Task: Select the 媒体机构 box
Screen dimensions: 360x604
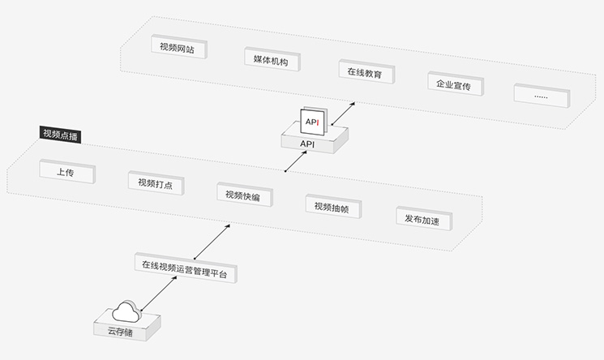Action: (271, 60)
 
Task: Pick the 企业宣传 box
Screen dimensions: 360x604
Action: (453, 84)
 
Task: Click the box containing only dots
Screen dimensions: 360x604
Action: (541, 96)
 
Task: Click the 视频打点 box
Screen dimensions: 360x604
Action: (155, 183)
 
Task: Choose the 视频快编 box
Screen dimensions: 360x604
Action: (243, 195)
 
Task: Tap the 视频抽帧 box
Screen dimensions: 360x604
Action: (332, 207)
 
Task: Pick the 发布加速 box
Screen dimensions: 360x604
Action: (422, 219)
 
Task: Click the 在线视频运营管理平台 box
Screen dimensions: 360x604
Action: (184, 265)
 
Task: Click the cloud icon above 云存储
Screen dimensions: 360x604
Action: (126, 311)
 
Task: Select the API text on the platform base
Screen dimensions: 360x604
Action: (307, 144)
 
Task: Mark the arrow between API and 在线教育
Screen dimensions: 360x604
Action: (345, 111)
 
